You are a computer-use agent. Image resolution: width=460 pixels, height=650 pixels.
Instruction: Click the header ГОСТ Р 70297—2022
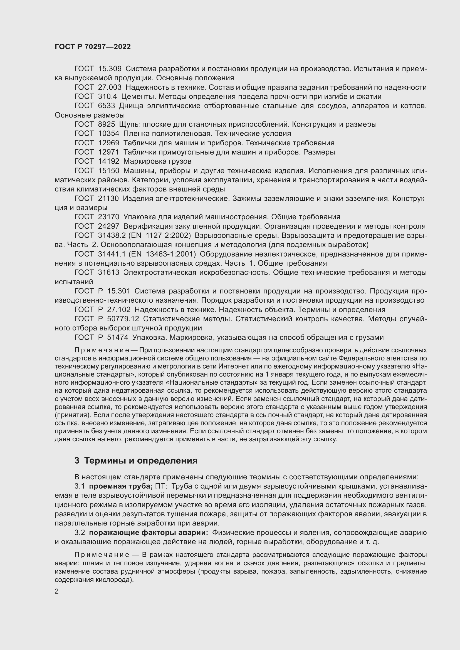tap(93, 47)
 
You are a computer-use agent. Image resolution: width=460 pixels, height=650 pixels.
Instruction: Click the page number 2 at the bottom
tap(57, 591)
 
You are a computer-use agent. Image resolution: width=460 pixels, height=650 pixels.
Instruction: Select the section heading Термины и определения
tap(141, 460)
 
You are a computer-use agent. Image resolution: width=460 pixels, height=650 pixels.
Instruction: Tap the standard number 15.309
tap(110, 69)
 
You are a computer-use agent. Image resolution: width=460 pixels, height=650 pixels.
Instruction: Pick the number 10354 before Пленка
tap(108, 134)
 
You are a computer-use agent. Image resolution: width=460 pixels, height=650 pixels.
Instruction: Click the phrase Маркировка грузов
tap(157, 161)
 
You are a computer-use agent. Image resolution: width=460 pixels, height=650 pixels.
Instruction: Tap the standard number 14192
tap(108, 161)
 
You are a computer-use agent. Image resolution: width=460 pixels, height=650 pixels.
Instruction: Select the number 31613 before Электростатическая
tap(108, 273)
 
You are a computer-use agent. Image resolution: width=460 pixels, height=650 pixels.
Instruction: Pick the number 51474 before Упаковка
tap(118, 337)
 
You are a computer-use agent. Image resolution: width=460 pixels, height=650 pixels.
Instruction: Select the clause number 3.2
tap(80, 532)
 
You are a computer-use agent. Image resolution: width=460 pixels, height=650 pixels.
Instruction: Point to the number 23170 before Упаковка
tap(108, 217)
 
